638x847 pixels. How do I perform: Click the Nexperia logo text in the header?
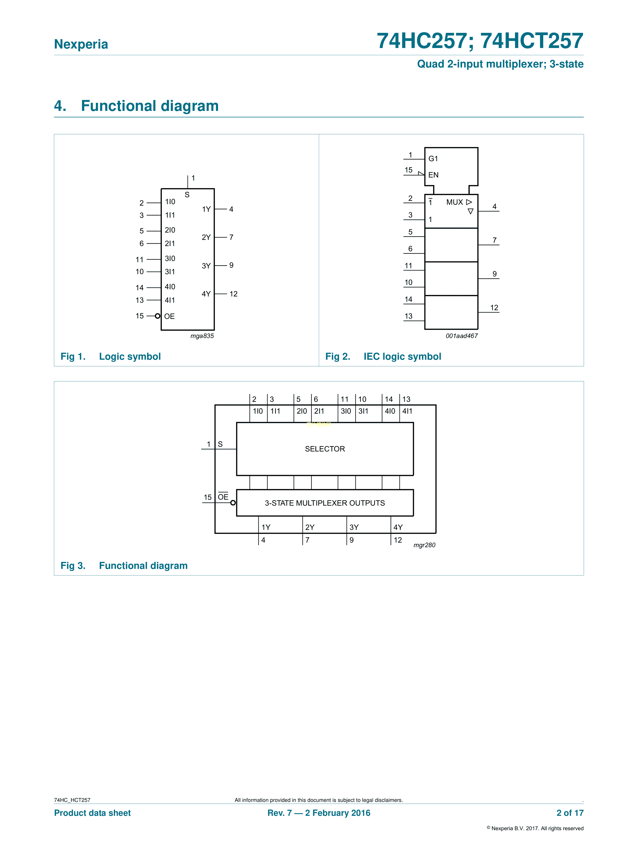(81, 44)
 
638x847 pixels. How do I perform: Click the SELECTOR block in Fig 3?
(325, 449)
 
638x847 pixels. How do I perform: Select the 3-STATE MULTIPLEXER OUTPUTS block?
(325, 503)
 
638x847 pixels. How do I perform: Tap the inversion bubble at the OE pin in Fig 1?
(157, 316)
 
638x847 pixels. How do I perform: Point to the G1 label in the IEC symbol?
(433, 159)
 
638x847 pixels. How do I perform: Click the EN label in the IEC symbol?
(433, 175)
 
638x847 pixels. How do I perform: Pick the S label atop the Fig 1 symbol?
(187, 195)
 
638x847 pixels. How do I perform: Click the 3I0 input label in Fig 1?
(170, 258)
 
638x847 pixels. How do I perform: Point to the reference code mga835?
(202, 336)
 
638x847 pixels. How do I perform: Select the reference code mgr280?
(424, 545)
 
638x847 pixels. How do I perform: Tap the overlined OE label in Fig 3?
(223, 497)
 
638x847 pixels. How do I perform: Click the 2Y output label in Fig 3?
(309, 527)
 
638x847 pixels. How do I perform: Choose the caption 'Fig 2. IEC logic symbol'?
(383, 357)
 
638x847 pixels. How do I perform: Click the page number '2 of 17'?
(570, 813)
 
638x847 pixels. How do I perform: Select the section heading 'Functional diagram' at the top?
(149, 106)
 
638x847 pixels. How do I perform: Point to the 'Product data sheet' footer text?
(92, 813)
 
